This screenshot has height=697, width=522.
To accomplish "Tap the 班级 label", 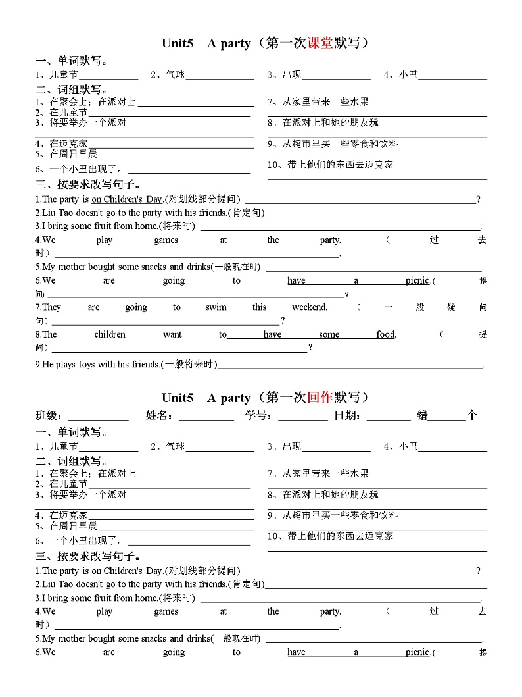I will coord(49,415).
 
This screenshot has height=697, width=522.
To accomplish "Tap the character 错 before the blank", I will coord(421,415).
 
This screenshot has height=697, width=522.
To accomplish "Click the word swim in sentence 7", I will coord(216,307).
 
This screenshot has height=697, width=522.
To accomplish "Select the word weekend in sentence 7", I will coord(309,307).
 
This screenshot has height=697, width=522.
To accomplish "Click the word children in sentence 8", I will coord(110,334).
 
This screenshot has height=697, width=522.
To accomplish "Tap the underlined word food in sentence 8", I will coord(385,334).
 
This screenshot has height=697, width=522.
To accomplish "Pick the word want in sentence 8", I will coord(172,334).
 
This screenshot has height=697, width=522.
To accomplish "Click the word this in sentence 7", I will coord(260,307).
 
